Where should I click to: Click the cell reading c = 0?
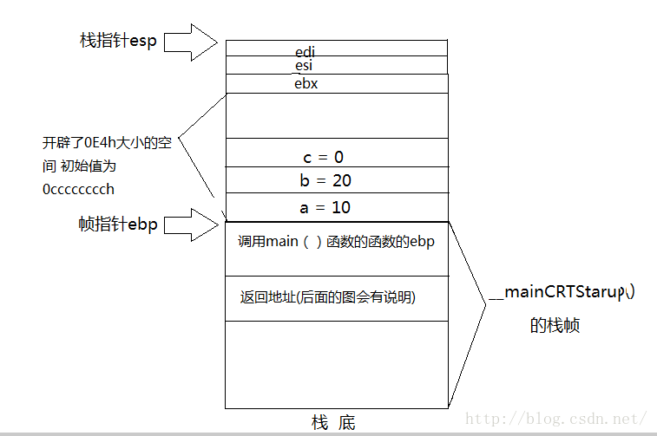(323, 157)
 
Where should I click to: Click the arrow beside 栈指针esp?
(189, 40)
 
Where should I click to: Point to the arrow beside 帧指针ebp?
(189, 225)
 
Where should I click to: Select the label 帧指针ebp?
(118, 225)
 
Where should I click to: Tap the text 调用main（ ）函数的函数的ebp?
(336, 242)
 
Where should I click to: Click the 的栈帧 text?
(555, 326)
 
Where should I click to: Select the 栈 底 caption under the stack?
(333, 422)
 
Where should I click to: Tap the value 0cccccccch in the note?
(78, 189)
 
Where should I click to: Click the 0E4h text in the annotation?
(95, 144)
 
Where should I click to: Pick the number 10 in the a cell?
(340, 208)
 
